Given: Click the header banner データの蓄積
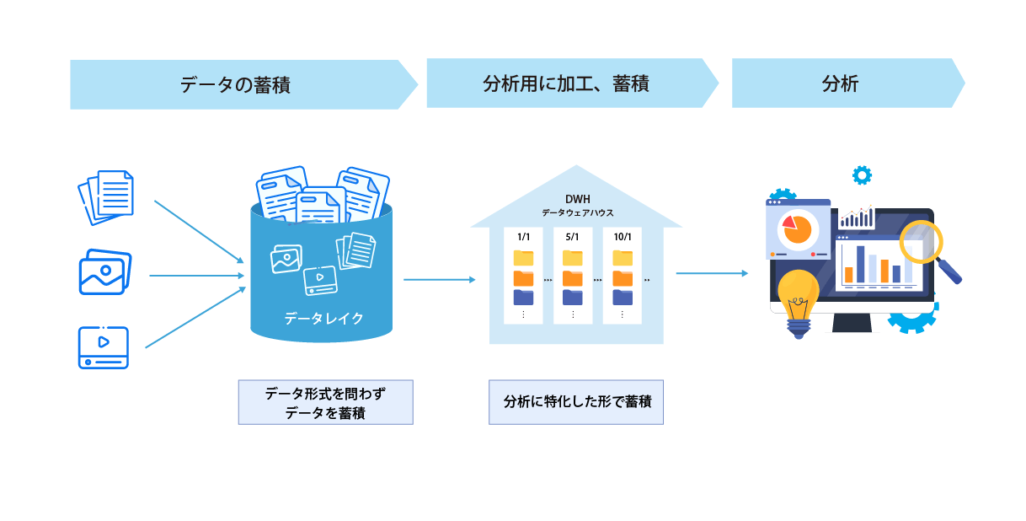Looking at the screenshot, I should [235, 84].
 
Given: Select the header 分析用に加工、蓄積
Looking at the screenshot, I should [565, 83].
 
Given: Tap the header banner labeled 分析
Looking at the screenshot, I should [840, 83].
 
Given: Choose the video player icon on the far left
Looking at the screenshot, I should [103, 347].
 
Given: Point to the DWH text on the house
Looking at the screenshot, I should [577, 199].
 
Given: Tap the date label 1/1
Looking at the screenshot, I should [523, 237].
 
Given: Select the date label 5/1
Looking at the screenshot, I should [573, 237].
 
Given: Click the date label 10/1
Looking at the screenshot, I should [623, 237].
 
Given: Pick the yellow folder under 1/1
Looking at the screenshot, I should [523, 257].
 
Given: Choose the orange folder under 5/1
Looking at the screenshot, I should [573, 277].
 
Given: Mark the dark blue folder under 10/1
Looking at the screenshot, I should [623, 297].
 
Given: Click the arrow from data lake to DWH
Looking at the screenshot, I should [439, 279].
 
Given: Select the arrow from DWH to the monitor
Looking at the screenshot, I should [711, 273].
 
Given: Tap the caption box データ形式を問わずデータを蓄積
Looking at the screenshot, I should [325, 402].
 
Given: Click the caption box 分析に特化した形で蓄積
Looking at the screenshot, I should [576, 402].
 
